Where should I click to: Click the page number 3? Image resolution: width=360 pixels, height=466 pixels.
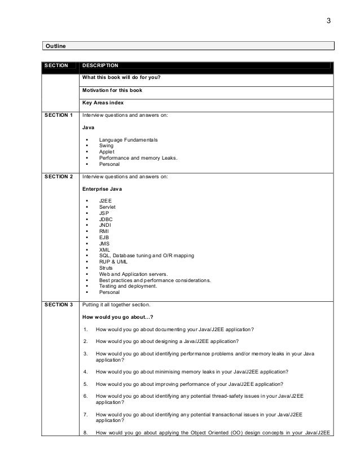(329, 22)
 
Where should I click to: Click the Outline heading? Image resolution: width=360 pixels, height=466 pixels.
(55, 45)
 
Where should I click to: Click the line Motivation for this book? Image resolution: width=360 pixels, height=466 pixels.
(112, 90)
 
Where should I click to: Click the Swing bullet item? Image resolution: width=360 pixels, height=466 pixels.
(106, 146)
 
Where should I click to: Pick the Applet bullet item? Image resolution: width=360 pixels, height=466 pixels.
(106, 152)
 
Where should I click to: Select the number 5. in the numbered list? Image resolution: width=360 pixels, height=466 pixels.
(85, 384)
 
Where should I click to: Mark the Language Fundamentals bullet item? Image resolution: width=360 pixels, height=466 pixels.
(128, 139)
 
